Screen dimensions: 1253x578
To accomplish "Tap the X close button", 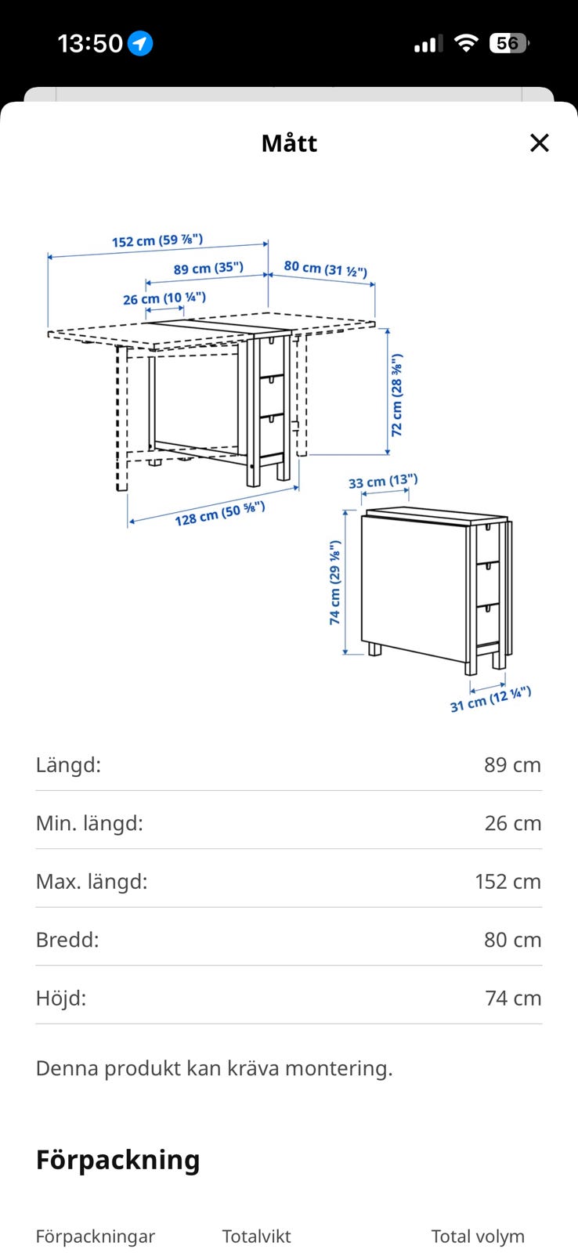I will coord(539,143).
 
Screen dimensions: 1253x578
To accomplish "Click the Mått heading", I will coord(289,143).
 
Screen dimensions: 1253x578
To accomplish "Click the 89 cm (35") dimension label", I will coord(208,269).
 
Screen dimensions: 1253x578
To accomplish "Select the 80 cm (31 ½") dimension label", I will coord(325,269).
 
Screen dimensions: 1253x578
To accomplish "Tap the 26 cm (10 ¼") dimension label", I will coord(164,298).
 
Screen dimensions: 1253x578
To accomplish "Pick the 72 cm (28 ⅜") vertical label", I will coord(397,395).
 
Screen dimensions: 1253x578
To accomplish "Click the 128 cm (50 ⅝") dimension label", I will coord(220,514).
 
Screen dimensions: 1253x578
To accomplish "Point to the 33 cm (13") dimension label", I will coord(383,482).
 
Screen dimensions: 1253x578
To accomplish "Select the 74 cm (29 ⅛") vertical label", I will coord(335,581).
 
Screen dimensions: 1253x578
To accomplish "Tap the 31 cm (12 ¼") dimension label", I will coord(490,699).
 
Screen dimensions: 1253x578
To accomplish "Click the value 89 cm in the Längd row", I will coord(512,765).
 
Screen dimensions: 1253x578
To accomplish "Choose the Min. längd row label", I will coord(89,823).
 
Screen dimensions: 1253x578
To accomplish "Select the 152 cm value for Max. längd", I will coord(508,882).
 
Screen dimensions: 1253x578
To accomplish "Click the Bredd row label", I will coord(67,940).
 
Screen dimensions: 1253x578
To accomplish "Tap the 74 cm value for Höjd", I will coord(513,998).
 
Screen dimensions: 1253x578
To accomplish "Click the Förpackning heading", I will coord(118,1160).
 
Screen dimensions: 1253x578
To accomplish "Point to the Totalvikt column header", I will coord(256,1237).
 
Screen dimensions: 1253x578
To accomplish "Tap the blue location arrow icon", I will coord(141,43).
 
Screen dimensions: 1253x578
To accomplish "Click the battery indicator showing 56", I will coord(509,43).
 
